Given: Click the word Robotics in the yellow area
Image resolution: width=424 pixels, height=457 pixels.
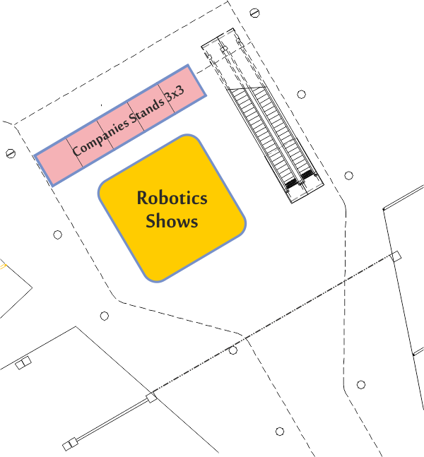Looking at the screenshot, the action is (x=172, y=198).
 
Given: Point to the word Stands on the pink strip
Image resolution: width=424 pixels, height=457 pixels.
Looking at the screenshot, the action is (x=147, y=111).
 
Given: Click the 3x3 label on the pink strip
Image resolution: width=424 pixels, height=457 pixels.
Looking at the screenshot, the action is (x=175, y=93).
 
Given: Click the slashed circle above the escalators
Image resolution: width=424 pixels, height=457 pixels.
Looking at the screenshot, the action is (x=254, y=13).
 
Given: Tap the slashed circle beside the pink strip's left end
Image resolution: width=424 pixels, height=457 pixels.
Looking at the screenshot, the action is (x=11, y=153).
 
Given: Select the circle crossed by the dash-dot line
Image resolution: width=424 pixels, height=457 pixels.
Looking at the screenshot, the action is (x=232, y=350).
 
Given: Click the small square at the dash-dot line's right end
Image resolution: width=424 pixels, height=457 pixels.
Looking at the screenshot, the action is (x=396, y=257).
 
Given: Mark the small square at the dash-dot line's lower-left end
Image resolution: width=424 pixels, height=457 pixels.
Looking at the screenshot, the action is (x=151, y=398).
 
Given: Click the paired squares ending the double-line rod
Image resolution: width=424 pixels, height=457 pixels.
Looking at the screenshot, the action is (x=70, y=444).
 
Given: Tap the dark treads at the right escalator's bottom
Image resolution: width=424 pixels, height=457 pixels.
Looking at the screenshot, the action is (x=307, y=175).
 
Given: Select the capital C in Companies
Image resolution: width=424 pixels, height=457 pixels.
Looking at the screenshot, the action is (x=77, y=150).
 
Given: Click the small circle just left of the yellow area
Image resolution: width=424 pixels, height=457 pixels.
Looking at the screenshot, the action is (x=57, y=235).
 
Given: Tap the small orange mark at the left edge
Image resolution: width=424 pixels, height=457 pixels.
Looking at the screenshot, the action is (x=3, y=266).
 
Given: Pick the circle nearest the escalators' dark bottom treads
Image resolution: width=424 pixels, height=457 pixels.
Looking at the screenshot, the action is (x=349, y=175).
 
